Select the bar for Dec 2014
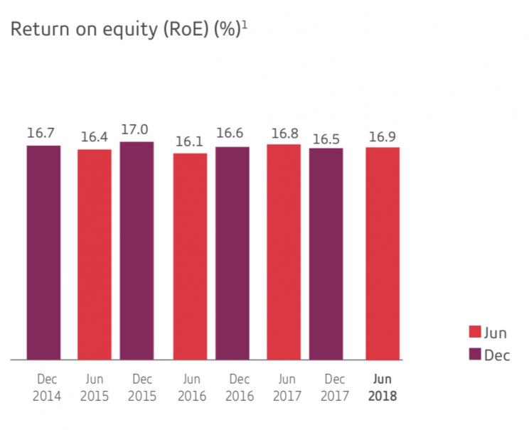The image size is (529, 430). [43, 253]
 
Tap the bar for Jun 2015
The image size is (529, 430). [95, 254]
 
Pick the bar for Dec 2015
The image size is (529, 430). [137, 251]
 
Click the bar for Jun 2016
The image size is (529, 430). [190, 257]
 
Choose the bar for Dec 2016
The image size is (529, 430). [233, 254]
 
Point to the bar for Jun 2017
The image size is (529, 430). [284, 252]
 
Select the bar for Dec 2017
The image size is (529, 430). [326, 254]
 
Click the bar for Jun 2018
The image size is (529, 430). [383, 254]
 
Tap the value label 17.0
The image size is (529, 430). [137, 130]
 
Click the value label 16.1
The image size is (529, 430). [190, 141]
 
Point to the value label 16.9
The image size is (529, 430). [383, 136]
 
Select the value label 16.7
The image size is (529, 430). [43, 134]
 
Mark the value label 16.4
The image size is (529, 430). [95, 137]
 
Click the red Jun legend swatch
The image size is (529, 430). [475, 333]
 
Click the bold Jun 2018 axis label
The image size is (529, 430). [383, 388]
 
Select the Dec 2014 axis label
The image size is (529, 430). [47, 388]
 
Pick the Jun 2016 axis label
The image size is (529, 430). [192, 388]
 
